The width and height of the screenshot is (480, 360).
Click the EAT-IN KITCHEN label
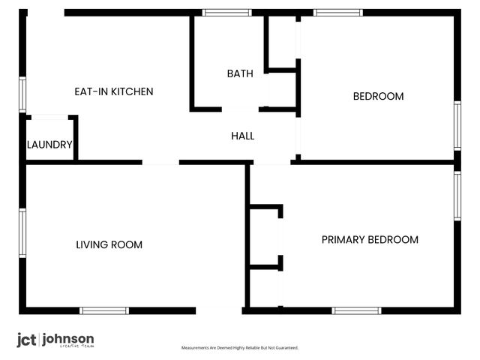(x=113, y=91)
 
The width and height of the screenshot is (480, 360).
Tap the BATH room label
(x=240, y=73)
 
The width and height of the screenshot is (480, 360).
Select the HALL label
(x=242, y=136)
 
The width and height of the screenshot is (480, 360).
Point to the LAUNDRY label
(x=49, y=145)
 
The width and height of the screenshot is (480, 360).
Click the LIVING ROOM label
(x=109, y=244)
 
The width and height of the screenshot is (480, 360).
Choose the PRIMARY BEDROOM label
(x=370, y=240)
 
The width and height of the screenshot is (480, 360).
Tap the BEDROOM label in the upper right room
(x=378, y=96)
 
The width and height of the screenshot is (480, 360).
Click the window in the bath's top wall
(x=227, y=12)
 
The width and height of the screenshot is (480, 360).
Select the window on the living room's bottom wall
(x=104, y=310)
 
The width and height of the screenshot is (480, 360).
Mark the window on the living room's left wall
(x=22, y=232)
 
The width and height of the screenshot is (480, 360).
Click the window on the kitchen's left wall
(x=22, y=94)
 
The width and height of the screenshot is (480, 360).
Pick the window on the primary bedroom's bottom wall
(x=357, y=310)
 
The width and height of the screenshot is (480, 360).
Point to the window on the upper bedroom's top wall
(x=337, y=12)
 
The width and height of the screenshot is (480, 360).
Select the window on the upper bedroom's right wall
(x=457, y=125)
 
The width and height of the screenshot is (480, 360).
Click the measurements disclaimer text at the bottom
(x=240, y=348)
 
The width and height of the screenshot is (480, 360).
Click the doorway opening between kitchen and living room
(x=160, y=161)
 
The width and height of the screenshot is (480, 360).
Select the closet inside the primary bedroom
(x=265, y=235)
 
